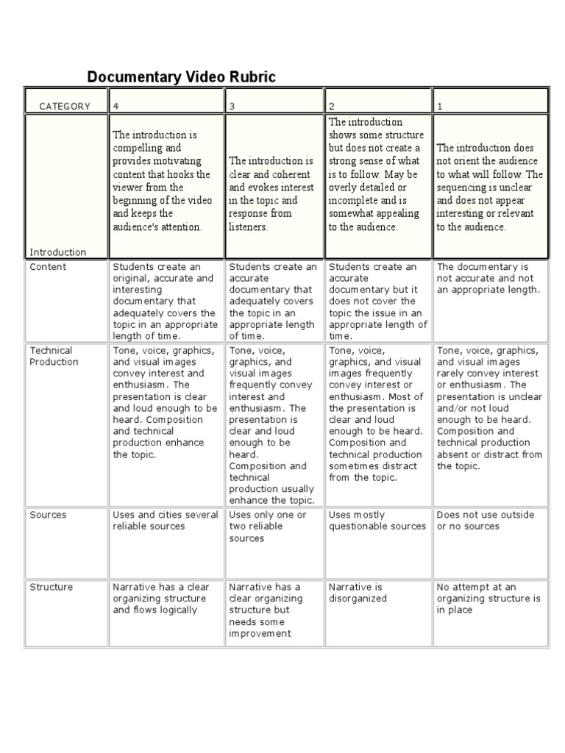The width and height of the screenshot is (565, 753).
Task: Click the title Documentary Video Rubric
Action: [x=182, y=77]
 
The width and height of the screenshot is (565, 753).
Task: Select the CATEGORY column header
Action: [x=65, y=106]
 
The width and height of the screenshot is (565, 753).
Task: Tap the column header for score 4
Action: [x=116, y=106]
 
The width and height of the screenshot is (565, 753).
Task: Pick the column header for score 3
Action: [x=232, y=106]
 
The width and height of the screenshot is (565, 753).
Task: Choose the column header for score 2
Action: [x=333, y=106]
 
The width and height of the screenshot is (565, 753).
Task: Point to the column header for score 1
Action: [x=440, y=106]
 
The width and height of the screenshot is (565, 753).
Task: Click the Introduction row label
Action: [x=57, y=252]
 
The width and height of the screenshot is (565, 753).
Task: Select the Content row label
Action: [x=48, y=267]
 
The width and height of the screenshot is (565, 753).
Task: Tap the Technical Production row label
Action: [x=54, y=356]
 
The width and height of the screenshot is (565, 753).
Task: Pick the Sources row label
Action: [x=48, y=515]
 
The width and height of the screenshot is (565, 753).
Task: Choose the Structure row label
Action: [x=51, y=587]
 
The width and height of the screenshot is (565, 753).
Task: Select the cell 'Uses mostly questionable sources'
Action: [x=377, y=521]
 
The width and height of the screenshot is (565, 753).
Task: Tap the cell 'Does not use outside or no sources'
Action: [x=485, y=521]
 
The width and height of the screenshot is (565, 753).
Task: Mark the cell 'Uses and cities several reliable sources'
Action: [x=166, y=521]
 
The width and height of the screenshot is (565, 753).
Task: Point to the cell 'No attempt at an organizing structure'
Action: [x=488, y=599]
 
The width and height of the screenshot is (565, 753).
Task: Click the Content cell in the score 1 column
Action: [x=488, y=278]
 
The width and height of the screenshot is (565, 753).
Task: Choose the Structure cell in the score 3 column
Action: [x=265, y=610]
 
